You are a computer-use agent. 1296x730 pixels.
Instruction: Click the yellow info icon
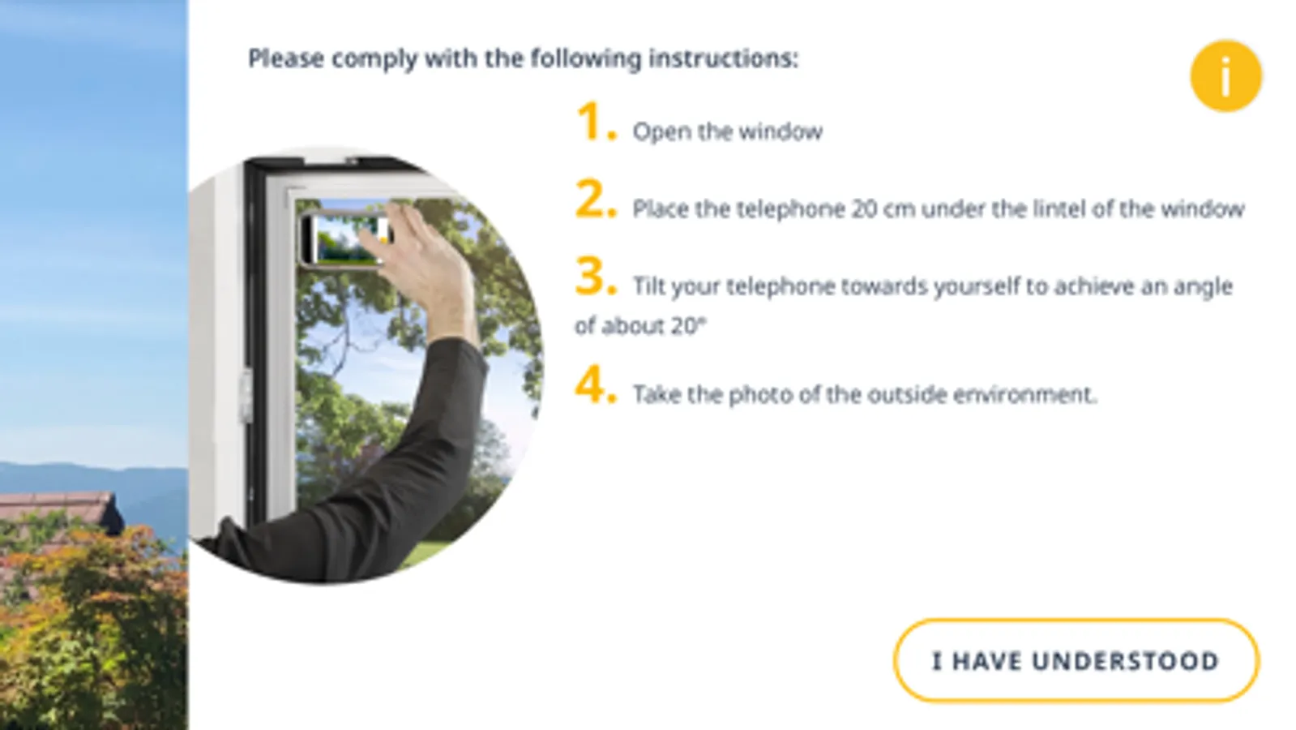point(1225,75)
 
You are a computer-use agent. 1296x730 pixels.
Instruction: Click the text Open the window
point(727,132)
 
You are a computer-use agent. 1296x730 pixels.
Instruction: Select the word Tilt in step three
point(649,286)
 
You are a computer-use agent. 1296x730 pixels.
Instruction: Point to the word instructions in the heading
point(723,58)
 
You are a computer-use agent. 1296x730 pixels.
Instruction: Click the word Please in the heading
point(286,58)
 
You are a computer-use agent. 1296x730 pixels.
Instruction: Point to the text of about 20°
point(640,327)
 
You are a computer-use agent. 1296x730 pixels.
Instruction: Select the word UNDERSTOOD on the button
point(1126,661)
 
